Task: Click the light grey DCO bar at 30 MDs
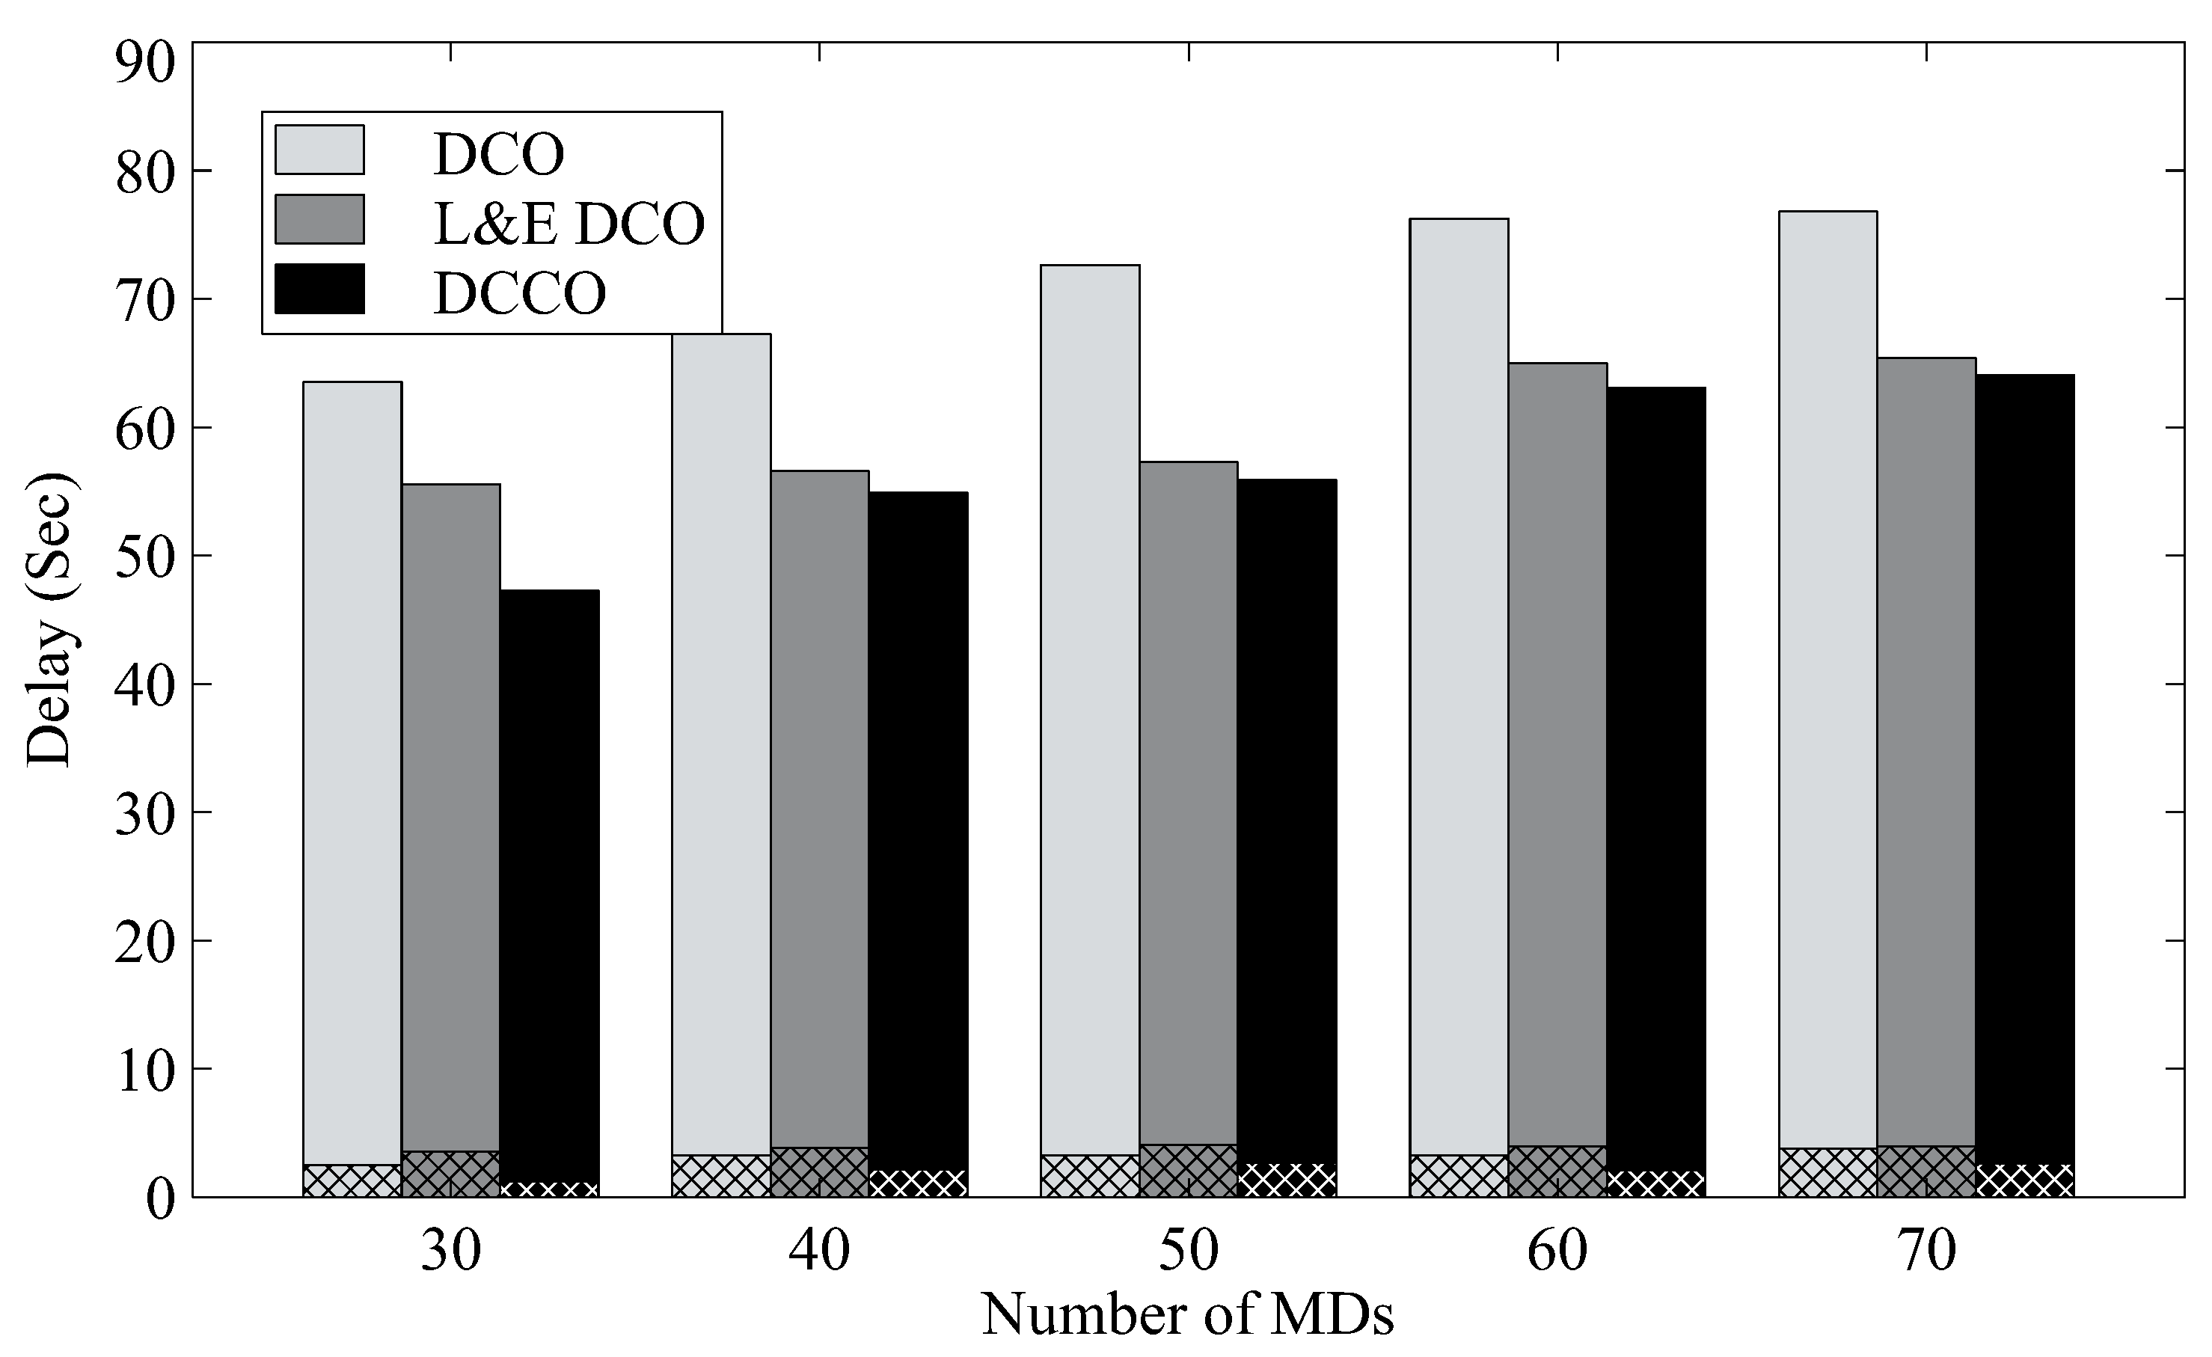[352, 772]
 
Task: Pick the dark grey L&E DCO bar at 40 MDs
[818, 808]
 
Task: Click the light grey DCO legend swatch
[319, 149]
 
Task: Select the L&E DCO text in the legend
[569, 223]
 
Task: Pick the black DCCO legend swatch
[319, 289]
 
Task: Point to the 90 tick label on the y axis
[144, 64]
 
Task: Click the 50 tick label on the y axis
[144, 557]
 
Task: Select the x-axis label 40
[818, 1250]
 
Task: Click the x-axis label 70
[1925, 1250]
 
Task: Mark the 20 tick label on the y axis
[144, 942]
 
